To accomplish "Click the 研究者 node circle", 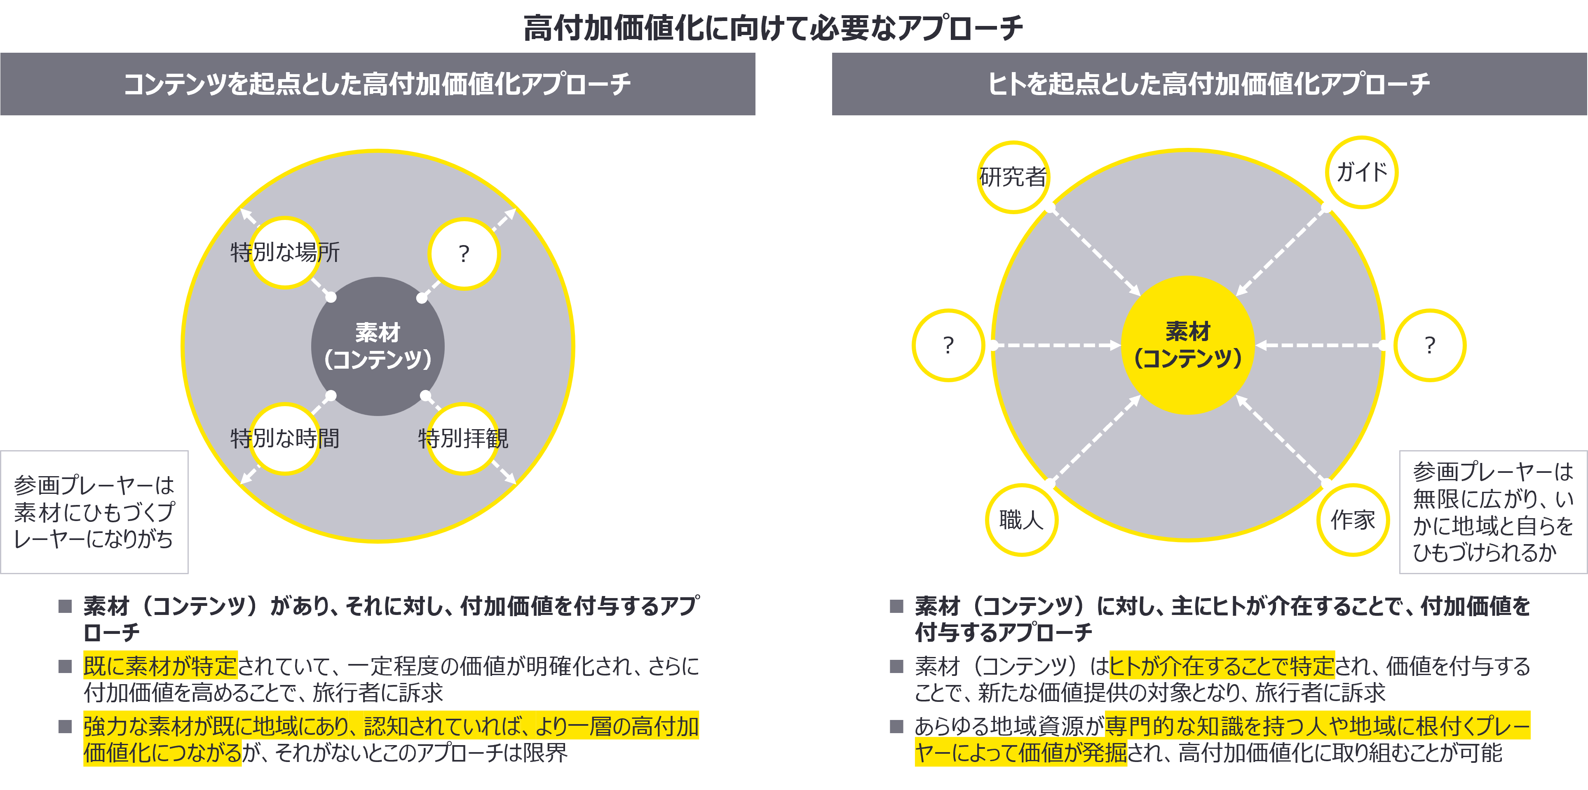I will [1013, 178].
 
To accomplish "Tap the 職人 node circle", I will [1021, 519].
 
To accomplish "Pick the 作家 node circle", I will [1353, 519].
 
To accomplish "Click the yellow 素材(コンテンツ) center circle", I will [1188, 345].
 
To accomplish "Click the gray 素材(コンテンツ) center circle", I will [378, 346].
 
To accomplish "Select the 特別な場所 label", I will [285, 252].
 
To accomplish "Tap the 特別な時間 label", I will [285, 438].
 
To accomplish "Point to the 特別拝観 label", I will [463, 438].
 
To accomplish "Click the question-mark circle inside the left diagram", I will [464, 253].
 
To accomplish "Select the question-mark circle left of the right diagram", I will [948, 345].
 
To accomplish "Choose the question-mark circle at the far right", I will [1430, 345].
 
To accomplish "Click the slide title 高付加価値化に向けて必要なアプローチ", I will [773, 28].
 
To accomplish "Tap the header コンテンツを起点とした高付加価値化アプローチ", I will [377, 84].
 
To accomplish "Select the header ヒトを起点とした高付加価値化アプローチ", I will [1209, 84].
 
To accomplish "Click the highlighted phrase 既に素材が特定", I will [160, 666].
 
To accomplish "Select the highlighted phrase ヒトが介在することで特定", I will [1222, 666].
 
